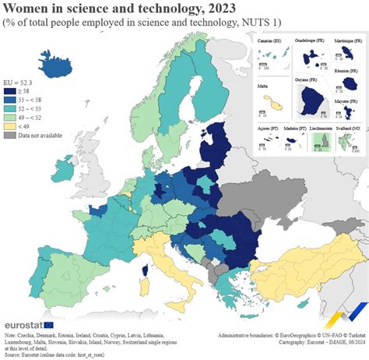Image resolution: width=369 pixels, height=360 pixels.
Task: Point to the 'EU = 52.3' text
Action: point(20,81)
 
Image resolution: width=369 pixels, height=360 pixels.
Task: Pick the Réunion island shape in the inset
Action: point(345,83)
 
